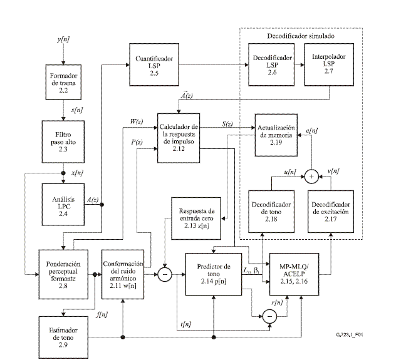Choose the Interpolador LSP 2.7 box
coord(324,65)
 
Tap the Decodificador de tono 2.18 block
coord(271,210)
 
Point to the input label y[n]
coord(63,41)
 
